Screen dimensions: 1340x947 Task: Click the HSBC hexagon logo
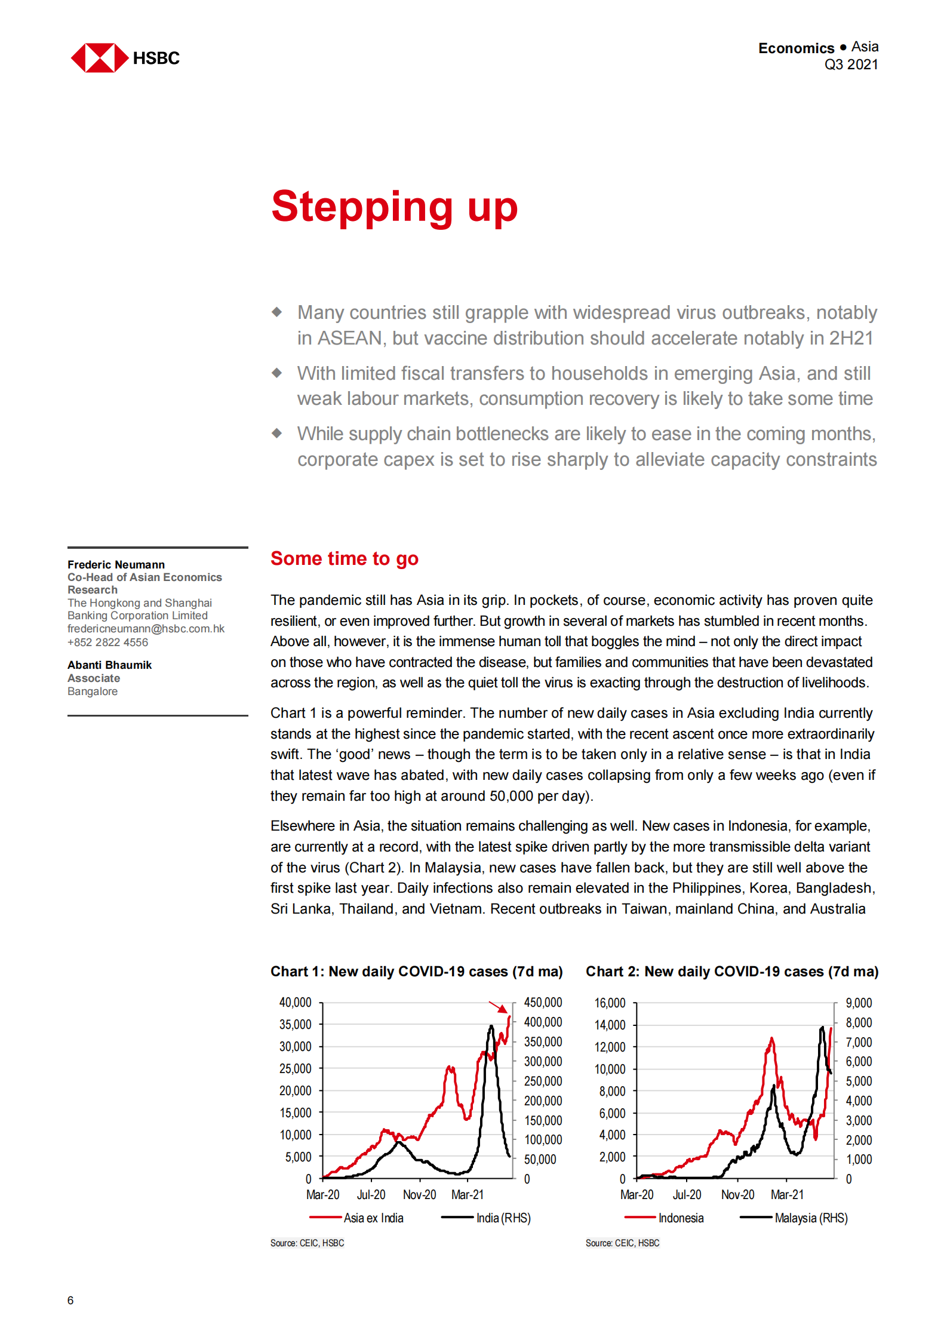tap(100, 58)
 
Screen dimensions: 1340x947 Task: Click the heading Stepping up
tap(394, 207)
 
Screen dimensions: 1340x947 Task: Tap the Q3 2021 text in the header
tap(850, 64)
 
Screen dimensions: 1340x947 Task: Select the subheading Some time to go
tap(345, 558)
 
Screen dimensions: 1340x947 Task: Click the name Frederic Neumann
tap(116, 564)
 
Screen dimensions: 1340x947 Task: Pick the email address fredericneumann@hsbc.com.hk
tap(146, 629)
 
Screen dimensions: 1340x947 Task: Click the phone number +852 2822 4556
tap(107, 643)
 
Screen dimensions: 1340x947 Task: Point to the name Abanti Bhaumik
tap(109, 665)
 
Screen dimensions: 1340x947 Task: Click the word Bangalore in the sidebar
tap(93, 691)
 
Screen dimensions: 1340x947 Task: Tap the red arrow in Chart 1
tap(498, 1007)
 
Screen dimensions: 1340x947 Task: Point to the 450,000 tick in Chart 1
tap(543, 1003)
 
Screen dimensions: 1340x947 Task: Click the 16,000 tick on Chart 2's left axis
tap(610, 1003)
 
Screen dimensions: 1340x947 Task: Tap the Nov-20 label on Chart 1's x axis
tap(419, 1194)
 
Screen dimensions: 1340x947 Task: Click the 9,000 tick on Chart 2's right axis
tap(859, 1003)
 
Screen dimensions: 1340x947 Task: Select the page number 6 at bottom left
tap(70, 1300)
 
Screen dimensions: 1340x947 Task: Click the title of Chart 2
tap(731, 972)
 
